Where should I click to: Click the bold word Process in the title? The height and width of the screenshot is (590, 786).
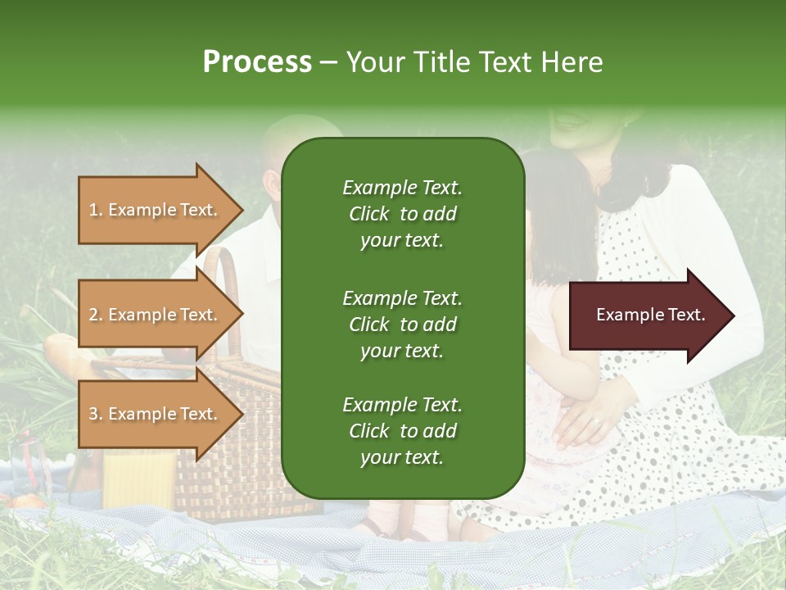point(257,61)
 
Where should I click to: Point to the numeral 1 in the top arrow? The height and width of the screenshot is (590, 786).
point(93,210)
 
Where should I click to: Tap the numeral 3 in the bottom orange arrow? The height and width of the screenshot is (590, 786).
point(93,414)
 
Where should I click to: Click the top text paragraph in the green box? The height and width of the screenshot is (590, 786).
point(402,214)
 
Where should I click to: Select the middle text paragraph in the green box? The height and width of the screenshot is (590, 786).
point(402,324)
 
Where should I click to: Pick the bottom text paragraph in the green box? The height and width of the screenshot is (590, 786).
point(402,431)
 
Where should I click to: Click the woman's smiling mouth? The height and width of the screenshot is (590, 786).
point(570,121)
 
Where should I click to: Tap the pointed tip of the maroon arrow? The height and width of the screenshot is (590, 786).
point(733,315)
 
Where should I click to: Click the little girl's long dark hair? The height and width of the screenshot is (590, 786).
point(557,221)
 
